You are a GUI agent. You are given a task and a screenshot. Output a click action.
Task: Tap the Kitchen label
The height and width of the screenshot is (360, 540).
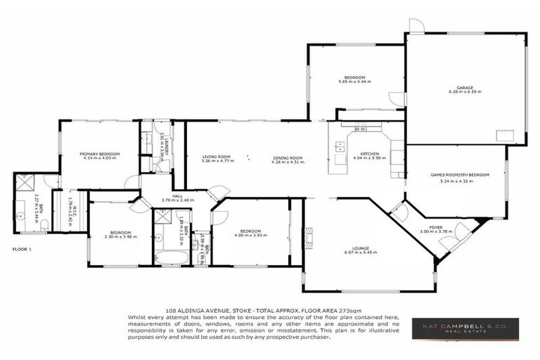point(369,153)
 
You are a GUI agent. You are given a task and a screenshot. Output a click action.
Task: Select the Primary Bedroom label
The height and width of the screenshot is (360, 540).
point(99,153)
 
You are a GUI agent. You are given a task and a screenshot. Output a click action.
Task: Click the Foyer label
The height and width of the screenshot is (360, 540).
point(436,227)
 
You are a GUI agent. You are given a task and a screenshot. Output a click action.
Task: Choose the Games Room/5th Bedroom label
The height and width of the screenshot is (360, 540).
point(459,174)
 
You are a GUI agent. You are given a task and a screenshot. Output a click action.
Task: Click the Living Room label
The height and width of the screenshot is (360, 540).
point(217,157)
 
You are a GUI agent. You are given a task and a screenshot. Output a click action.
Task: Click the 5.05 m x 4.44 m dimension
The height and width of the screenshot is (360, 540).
point(354,82)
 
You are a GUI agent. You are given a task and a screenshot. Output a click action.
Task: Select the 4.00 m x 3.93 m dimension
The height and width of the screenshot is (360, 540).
point(252,236)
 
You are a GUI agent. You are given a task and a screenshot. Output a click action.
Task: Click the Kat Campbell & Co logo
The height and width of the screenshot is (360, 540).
point(465,328)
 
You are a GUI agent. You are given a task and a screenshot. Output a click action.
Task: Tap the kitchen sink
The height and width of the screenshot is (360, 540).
point(340,147)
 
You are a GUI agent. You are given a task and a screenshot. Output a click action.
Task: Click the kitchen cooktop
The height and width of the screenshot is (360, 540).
point(360,129)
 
